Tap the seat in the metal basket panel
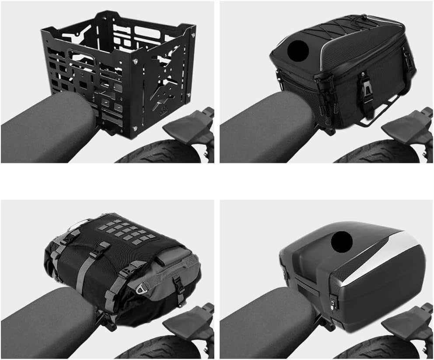(x=44, y=131)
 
